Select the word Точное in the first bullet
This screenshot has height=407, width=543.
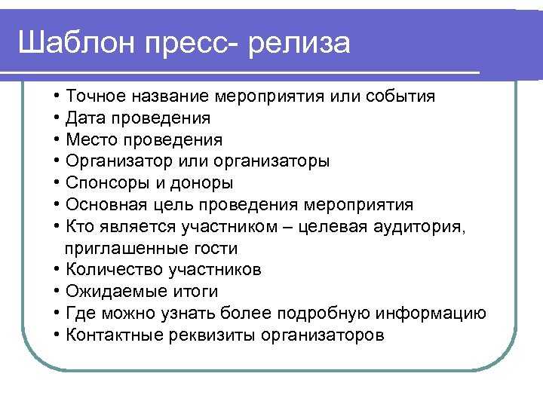96,96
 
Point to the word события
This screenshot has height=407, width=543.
400,96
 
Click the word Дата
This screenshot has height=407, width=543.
85,118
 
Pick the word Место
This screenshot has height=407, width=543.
91,139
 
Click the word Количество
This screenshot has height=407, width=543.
115,269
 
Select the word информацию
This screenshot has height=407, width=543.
431,314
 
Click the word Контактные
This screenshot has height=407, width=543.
115,335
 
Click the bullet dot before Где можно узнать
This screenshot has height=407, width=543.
57,313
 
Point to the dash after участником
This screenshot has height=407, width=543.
288,228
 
